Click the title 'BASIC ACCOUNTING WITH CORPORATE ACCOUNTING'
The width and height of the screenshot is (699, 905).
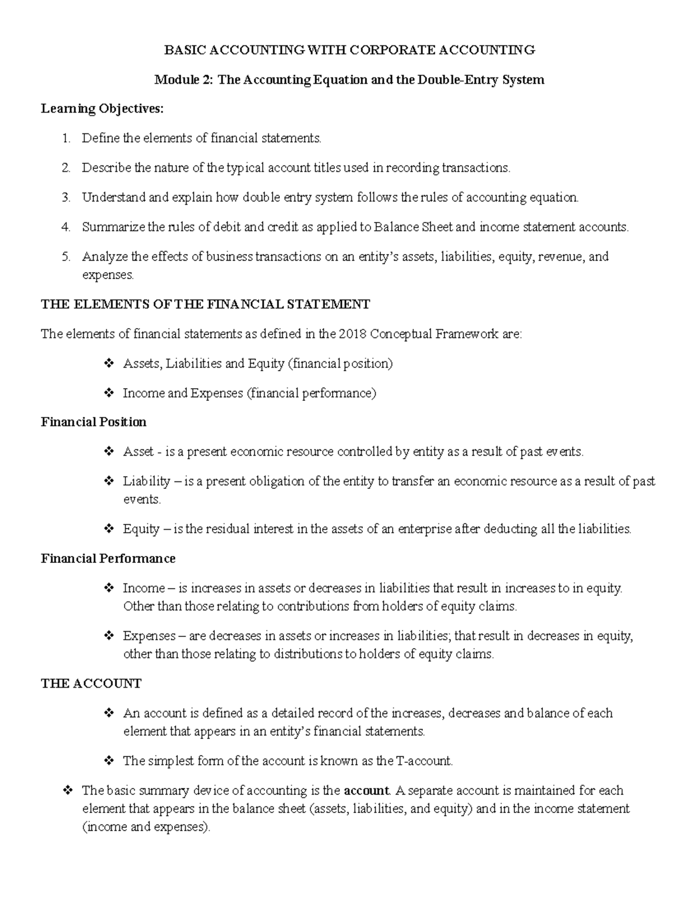(x=349, y=50)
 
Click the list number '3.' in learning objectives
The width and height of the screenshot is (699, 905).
(x=66, y=198)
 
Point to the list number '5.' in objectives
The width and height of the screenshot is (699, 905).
(x=66, y=257)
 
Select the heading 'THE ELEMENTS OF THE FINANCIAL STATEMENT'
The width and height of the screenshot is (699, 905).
(x=205, y=304)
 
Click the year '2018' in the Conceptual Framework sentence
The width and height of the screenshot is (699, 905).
(x=352, y=334)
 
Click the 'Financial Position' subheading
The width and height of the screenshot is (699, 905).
(x=94, y=422)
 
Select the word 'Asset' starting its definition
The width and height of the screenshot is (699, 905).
(x=138, y=452)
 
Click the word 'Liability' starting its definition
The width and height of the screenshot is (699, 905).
(x=146, y=481)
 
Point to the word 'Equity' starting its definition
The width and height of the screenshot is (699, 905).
(x=141, y=529)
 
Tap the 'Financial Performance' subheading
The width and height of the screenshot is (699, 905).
(x=108, y=559)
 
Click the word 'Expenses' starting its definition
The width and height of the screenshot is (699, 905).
(x=149, y=636)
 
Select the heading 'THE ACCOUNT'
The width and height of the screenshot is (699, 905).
(x=91, y=684)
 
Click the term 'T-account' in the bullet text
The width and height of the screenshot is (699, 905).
(x=423, y=761)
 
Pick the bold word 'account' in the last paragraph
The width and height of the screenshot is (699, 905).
(x=366, y=791)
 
